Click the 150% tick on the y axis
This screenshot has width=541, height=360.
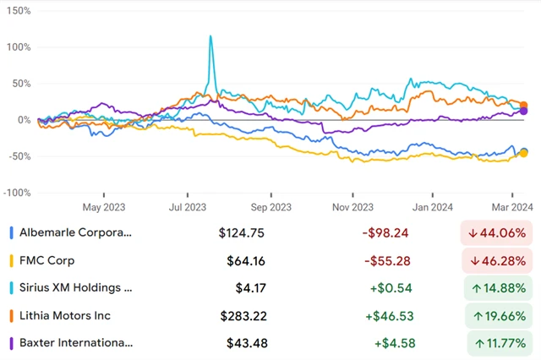click(x=18, y=12)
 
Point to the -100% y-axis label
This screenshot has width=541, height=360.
click(x=16, y=193)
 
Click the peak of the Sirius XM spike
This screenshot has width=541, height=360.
click(x=210, y=36)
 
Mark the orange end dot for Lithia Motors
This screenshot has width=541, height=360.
click(x=524, y=105)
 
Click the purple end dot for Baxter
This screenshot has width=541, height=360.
click(x=524, y=111)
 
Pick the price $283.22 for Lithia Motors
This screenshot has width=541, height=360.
click(x=241, y=315)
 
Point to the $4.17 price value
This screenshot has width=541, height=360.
click(x=251, y=288)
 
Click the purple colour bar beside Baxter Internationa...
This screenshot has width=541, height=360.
click(x=10, y=342)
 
